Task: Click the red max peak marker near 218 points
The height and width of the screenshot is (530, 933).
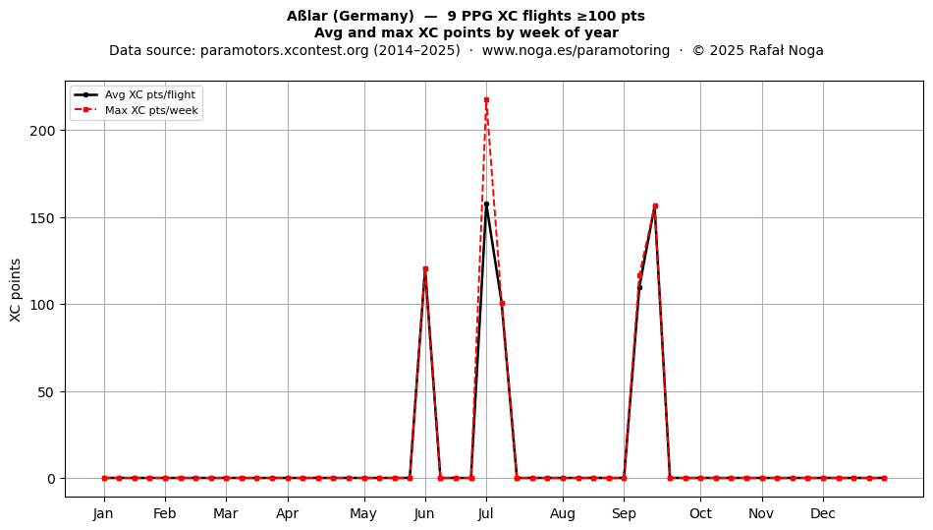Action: pos(486,100)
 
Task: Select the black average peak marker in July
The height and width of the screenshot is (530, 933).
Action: pos(486,205)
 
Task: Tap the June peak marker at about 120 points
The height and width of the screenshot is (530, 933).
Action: pos(425,269)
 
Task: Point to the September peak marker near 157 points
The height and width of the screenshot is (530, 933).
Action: pos(655,206)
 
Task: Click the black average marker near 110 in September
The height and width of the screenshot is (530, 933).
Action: pos(639,288)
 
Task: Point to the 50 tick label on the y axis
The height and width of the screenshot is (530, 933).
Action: pos(47,391)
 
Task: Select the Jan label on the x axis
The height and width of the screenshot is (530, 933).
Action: pos(103,513)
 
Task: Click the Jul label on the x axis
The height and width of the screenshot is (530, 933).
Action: pos(486,513)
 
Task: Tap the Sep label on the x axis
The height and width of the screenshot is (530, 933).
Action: pos(624,513)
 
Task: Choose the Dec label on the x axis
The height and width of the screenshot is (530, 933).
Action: pos(823,513)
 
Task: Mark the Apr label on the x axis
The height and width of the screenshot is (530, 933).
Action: pos(288,513)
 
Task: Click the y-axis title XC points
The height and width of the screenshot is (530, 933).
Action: pos(16,290)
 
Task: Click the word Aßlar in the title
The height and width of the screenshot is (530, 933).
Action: pos(307,16)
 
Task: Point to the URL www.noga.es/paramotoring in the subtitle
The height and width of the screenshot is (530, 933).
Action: pos(576,50)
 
